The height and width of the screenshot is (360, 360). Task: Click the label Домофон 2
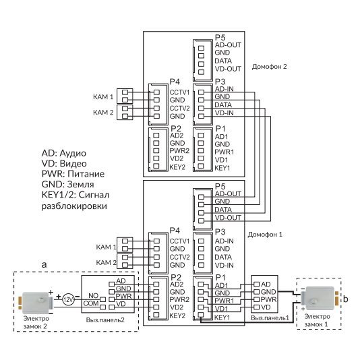(x=269, y=67)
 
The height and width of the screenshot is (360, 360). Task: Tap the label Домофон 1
(x=265, y=235)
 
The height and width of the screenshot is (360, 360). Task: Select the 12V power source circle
(x=68, y=299)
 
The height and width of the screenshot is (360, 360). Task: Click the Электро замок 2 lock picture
(x=36, y=303)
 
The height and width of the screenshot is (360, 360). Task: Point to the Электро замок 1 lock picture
(x=320, y=297)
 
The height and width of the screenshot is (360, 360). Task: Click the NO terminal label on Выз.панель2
(x=94, y=296)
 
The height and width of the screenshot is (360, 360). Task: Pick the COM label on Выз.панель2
(x=91, y=303)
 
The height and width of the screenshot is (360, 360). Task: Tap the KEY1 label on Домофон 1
(x=222, y=318)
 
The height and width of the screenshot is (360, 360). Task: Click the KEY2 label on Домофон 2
(x=177, y=167)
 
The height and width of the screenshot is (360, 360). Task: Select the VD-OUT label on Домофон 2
(x=228, y=69)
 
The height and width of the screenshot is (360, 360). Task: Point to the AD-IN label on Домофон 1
(x=224, y=241)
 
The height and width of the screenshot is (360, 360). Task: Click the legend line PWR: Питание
(x=73, y=174)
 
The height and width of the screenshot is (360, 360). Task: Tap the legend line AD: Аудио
(x=64, y=153)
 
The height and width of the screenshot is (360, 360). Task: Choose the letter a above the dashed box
(x=44, y=264)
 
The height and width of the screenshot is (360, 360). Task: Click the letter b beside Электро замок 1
(x=346, y=299)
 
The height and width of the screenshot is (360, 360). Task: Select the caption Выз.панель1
(x=270, y=318)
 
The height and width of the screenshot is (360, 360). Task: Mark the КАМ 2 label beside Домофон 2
(x=103, y=113)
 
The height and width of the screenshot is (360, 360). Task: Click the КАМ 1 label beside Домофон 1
(x=106, y=247)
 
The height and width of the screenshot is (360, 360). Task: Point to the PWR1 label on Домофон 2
(x=224, y=152)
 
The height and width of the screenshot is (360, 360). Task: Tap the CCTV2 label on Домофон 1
(x=179, y=257)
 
